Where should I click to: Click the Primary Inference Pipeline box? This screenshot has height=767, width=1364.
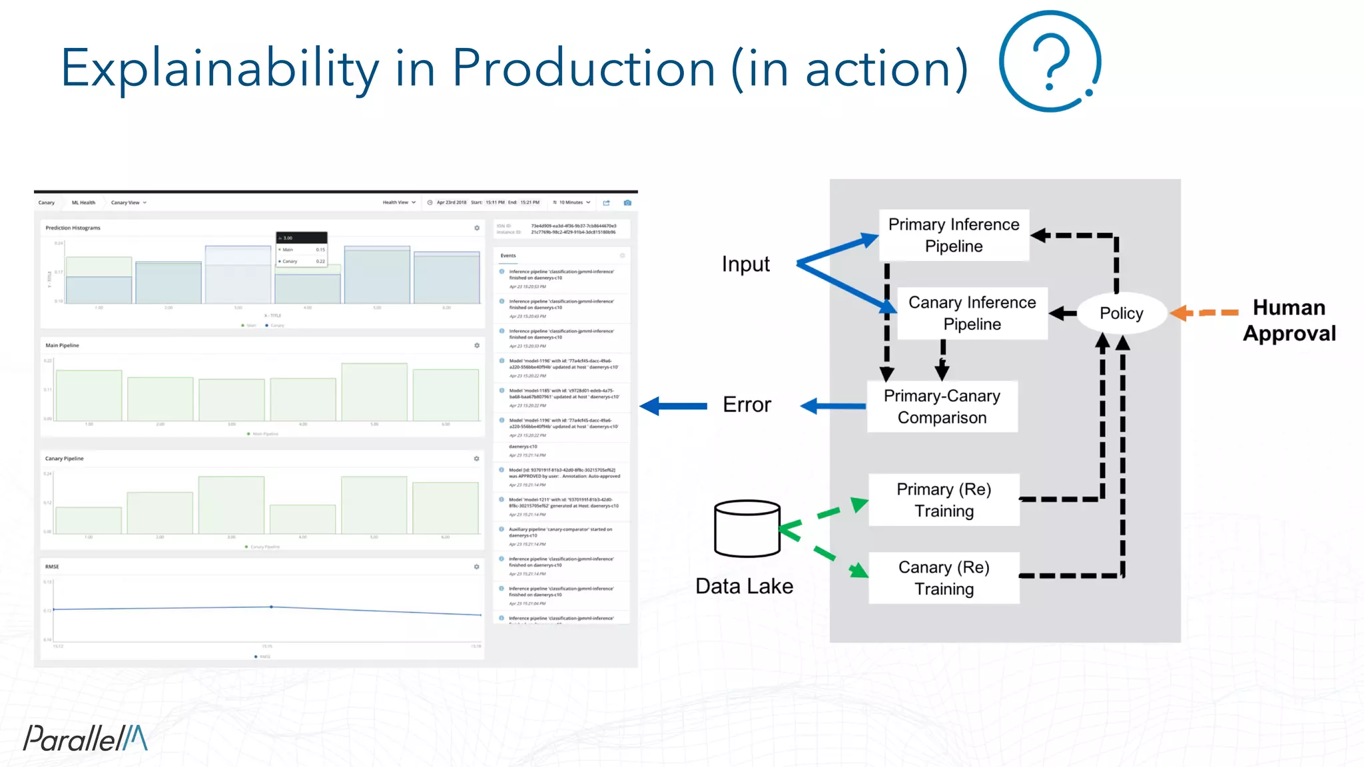[954, 235]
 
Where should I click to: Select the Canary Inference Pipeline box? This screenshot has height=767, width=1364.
[972, 313]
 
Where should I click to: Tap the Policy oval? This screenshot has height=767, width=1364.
[1121, 313]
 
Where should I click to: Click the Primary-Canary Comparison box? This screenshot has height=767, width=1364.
[942, 406]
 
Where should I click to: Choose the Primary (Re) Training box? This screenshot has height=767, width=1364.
[944, 499]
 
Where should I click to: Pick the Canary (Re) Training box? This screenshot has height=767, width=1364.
[944, 578]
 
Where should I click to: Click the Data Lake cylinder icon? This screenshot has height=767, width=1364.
[747, 529]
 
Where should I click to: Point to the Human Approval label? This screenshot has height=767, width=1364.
[1289, 320]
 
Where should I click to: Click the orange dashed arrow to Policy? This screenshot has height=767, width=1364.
[1204, 312]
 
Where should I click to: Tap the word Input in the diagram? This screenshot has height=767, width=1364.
[745, 264]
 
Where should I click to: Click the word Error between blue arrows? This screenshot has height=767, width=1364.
[747, 405]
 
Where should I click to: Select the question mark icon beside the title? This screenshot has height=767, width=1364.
[1050, 61]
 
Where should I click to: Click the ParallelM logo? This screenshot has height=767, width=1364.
[85, 738]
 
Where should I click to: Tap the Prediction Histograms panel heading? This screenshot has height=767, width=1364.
[73, 228]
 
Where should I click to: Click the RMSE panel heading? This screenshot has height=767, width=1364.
[52, 567]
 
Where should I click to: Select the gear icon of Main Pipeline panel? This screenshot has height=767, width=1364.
[477, 346]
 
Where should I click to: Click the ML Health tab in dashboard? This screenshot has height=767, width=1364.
[83, 202]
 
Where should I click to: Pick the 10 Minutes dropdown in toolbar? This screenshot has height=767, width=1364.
[571, 202]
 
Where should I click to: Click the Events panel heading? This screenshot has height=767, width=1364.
[508, 256]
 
